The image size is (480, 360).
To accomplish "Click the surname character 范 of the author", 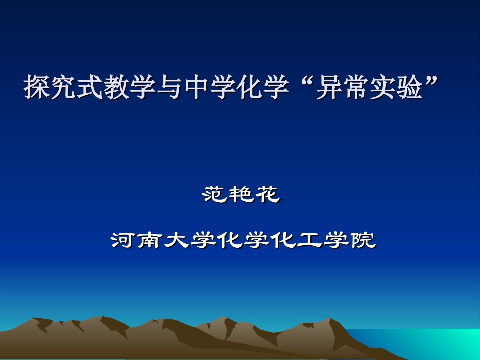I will pyautogui.click(x=215, y=194).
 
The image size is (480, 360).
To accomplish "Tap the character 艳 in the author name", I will pyautogui.click(x=242, y=194).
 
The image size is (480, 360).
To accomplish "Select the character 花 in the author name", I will pyautogui.click(x=267, y=194).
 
